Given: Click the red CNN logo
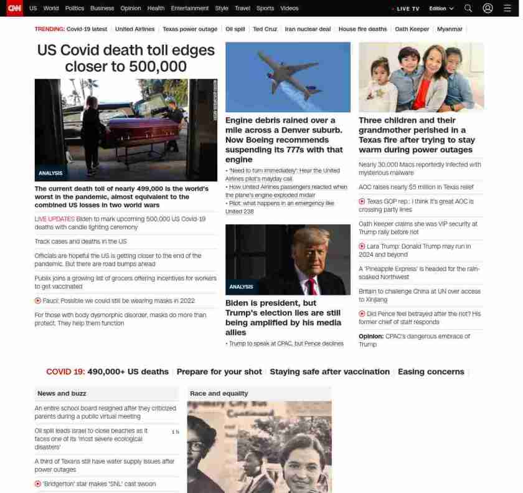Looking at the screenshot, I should (14, 8).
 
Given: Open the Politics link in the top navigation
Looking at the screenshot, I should (75, 8).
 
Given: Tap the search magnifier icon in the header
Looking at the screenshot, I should (468, 8).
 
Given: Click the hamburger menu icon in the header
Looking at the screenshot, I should (507, 8).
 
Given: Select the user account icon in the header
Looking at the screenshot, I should (488, 8).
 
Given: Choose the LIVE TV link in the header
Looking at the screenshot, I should (410, 9).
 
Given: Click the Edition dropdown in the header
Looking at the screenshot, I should (441, 9).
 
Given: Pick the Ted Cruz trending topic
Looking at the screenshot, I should (265, 29).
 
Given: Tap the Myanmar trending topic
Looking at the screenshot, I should (450, 29).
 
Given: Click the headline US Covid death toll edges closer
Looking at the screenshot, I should (126, 58).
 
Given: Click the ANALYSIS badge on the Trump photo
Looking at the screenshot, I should (241, 287).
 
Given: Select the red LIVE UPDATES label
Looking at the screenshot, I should (54, 219).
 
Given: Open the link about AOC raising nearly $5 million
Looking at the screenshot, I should (416, 187).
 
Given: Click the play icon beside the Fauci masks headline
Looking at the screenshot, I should (38, 300).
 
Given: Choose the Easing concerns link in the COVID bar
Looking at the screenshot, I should (431, 371).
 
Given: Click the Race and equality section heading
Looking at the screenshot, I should (219, 393).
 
